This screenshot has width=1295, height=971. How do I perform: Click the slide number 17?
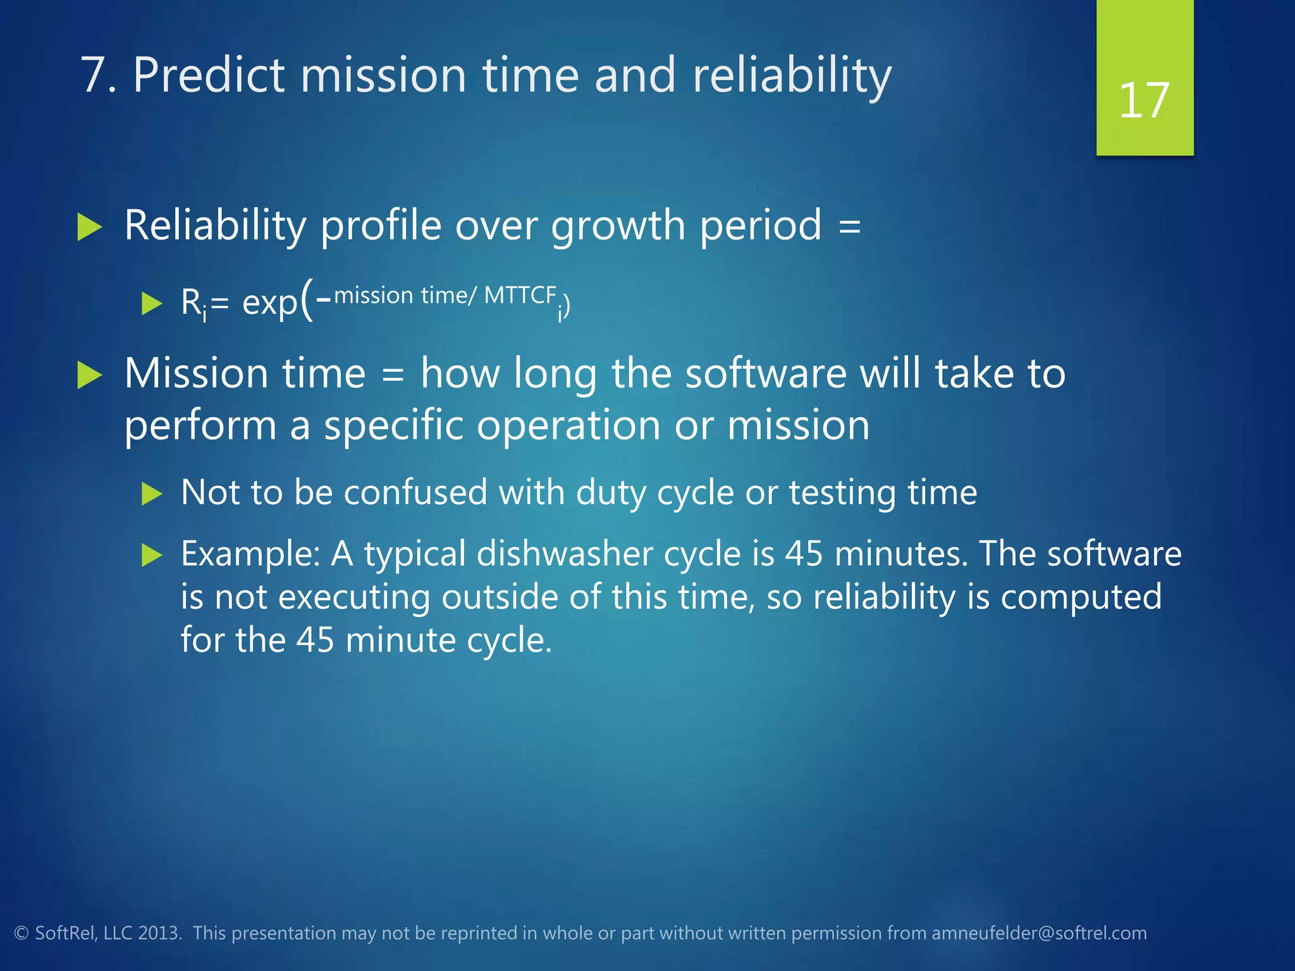1144,101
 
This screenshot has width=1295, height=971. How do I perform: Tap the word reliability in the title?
792,75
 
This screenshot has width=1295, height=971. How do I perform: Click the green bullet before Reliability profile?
89,227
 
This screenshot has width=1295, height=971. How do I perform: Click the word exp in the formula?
269,303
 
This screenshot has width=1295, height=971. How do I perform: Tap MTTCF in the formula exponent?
520,295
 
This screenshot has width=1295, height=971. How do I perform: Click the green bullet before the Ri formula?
152,303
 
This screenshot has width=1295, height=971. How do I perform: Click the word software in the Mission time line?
766,374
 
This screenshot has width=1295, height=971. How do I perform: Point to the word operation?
568,425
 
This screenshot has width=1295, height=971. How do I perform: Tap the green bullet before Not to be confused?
152,493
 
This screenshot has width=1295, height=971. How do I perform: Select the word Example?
250,554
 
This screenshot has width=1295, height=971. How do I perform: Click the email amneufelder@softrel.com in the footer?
1039,933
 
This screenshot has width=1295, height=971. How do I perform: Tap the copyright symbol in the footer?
21,934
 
